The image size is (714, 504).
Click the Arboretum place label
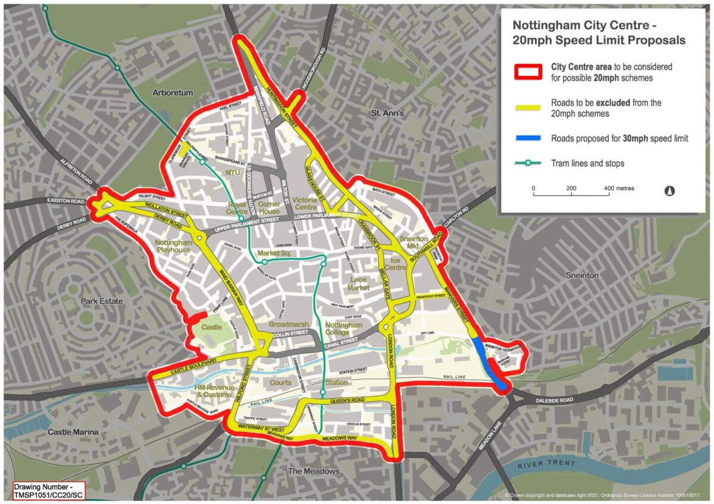tap(173, 93)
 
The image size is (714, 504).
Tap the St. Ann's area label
tap(387, 112)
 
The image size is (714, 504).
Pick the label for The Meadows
tap(314, 471)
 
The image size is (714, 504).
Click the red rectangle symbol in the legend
tap(527, 72)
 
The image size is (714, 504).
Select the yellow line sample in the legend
tap(527, 108)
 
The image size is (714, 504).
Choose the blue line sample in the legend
tap(527, 138)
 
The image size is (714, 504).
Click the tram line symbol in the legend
tap(527, 163)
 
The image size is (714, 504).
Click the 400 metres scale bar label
tap(619, 188)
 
